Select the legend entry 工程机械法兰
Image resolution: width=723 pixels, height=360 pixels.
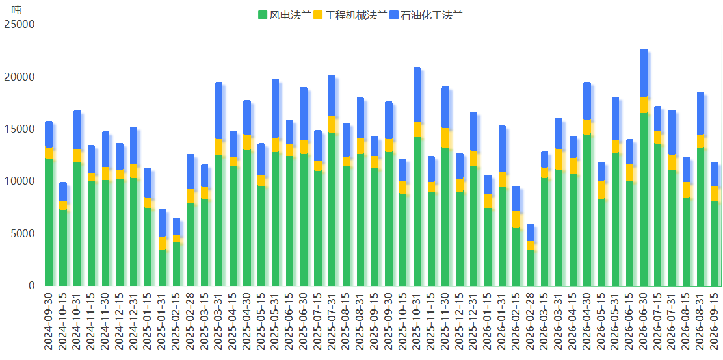tap(350, 15)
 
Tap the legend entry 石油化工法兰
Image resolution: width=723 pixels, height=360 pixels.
tap(426, 15)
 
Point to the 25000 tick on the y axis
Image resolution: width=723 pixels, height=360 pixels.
tap(20, 25)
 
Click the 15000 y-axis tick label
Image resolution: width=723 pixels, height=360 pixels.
tap(20, 129)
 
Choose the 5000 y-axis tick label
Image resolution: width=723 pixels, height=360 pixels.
tap(22, 234)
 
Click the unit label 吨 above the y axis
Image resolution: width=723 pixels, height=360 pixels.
tap(16, 9)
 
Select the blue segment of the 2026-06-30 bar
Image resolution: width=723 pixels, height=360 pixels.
tap(644, 73)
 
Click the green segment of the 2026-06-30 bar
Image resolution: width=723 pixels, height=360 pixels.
tap(644, 199)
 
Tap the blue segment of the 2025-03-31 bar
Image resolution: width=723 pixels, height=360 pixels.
tap(218, 110)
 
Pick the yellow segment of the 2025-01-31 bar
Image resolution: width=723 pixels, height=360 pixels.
tap(162, 243)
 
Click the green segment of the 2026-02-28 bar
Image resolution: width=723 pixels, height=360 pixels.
tap(531, 268)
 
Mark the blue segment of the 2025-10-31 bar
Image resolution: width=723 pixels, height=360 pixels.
tap(417, 94)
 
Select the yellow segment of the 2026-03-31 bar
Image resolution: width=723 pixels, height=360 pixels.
tap(559, 159)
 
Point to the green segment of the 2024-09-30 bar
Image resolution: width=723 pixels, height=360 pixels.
tap(48, 222)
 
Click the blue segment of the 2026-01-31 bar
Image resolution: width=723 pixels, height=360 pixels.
tap(502, 149)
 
